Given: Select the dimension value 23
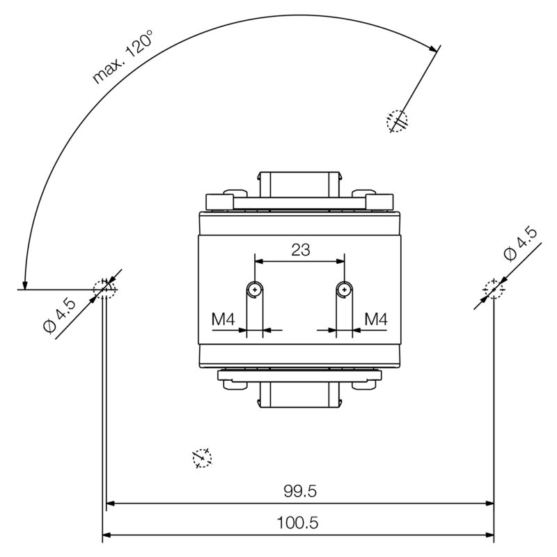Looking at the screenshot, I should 300,250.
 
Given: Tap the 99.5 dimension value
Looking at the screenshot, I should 300,491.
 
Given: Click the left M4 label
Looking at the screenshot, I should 223,320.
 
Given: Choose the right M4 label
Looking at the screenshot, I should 375,320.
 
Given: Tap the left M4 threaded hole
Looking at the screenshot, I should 256,289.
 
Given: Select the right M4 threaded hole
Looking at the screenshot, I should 343,289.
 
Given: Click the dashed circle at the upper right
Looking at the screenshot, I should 396,121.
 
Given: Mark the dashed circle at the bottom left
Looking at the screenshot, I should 202,457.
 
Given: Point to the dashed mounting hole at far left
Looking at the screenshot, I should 104,288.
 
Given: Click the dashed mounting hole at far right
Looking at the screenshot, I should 494,288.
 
